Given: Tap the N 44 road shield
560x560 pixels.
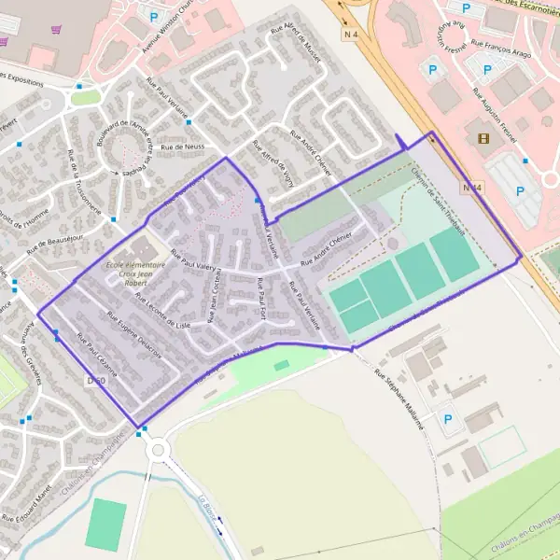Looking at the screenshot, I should point(474,188).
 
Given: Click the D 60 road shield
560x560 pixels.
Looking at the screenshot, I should point(95,381).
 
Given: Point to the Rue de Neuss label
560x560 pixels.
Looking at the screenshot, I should point(181,147).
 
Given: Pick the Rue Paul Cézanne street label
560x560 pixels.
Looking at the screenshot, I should point(97,355).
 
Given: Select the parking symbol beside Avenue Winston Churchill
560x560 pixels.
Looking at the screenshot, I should point(153,16).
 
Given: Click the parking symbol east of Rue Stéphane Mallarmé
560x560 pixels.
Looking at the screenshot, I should point(447,419).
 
